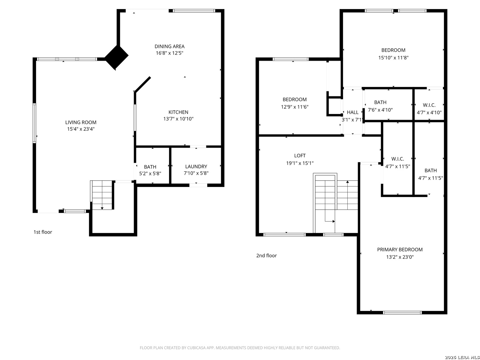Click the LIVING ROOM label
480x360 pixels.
pyautogui.click(x=81, y=122)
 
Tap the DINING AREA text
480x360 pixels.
pyautogui.click(x=169, y=46)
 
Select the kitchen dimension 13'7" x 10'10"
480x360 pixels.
pyautogui.click(x=178, y=119)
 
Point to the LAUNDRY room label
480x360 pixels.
pyautogui.click(x=196, y=167)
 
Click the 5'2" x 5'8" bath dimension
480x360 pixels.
pyautogui.click(x=150, y=173)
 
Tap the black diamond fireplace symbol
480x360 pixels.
pyautogui.click(x=116, y=57)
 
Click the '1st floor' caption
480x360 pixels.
pyautogui.click(x=43, y=232)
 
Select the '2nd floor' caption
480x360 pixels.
pyautogui.click(x=266, y=256)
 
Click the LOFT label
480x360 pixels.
pyautogui.click(x=300, y=156)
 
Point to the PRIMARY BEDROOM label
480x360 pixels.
pyautogui.click(x=400, y=250)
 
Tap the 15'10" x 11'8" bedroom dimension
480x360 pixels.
pyautogui.click(x=393, y=58)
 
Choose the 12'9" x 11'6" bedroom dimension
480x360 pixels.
pyautogui.click(x=295, y=107)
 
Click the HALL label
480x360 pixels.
pyautogui.click(x=353, y=112)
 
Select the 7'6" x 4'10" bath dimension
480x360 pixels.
pyautogui.click(x=380, y=110)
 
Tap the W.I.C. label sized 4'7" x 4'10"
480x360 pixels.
pyautogui.click(x=429, y=105)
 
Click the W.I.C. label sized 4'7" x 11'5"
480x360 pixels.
pyautogui.click(x=398, y=159)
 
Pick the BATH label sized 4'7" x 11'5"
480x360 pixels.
pyautogui.click(x=431, y=170)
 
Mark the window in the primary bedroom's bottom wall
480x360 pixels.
pyautogui.click(x=402, y=313)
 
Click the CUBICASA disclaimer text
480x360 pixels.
pyautogui.click(x=240, y=348)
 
